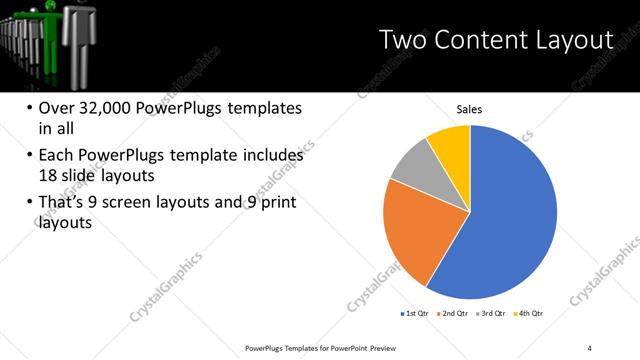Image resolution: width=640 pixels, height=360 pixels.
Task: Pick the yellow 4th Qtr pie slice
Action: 451,144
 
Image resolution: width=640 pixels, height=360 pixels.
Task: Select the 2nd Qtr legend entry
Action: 454,313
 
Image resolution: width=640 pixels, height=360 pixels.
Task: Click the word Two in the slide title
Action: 404,40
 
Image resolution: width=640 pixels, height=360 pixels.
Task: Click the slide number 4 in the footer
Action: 589,347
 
